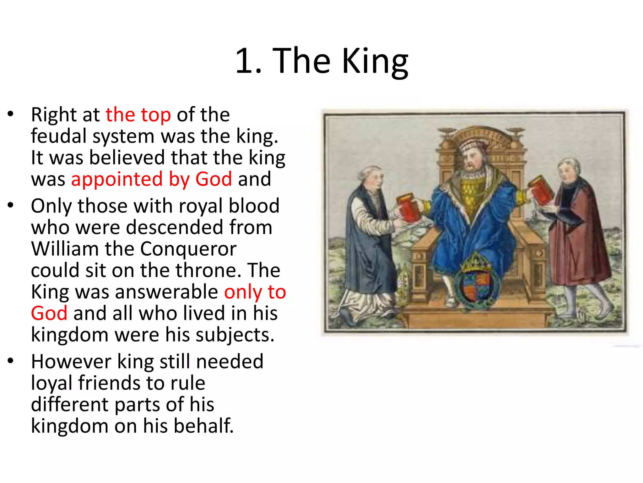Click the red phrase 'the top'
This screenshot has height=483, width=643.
138,114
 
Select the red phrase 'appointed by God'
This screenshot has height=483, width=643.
152,179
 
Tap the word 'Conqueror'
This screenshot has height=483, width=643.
188,249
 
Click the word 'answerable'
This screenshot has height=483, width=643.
167,292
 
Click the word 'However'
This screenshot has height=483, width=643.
71,361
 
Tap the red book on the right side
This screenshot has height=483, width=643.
541,191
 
